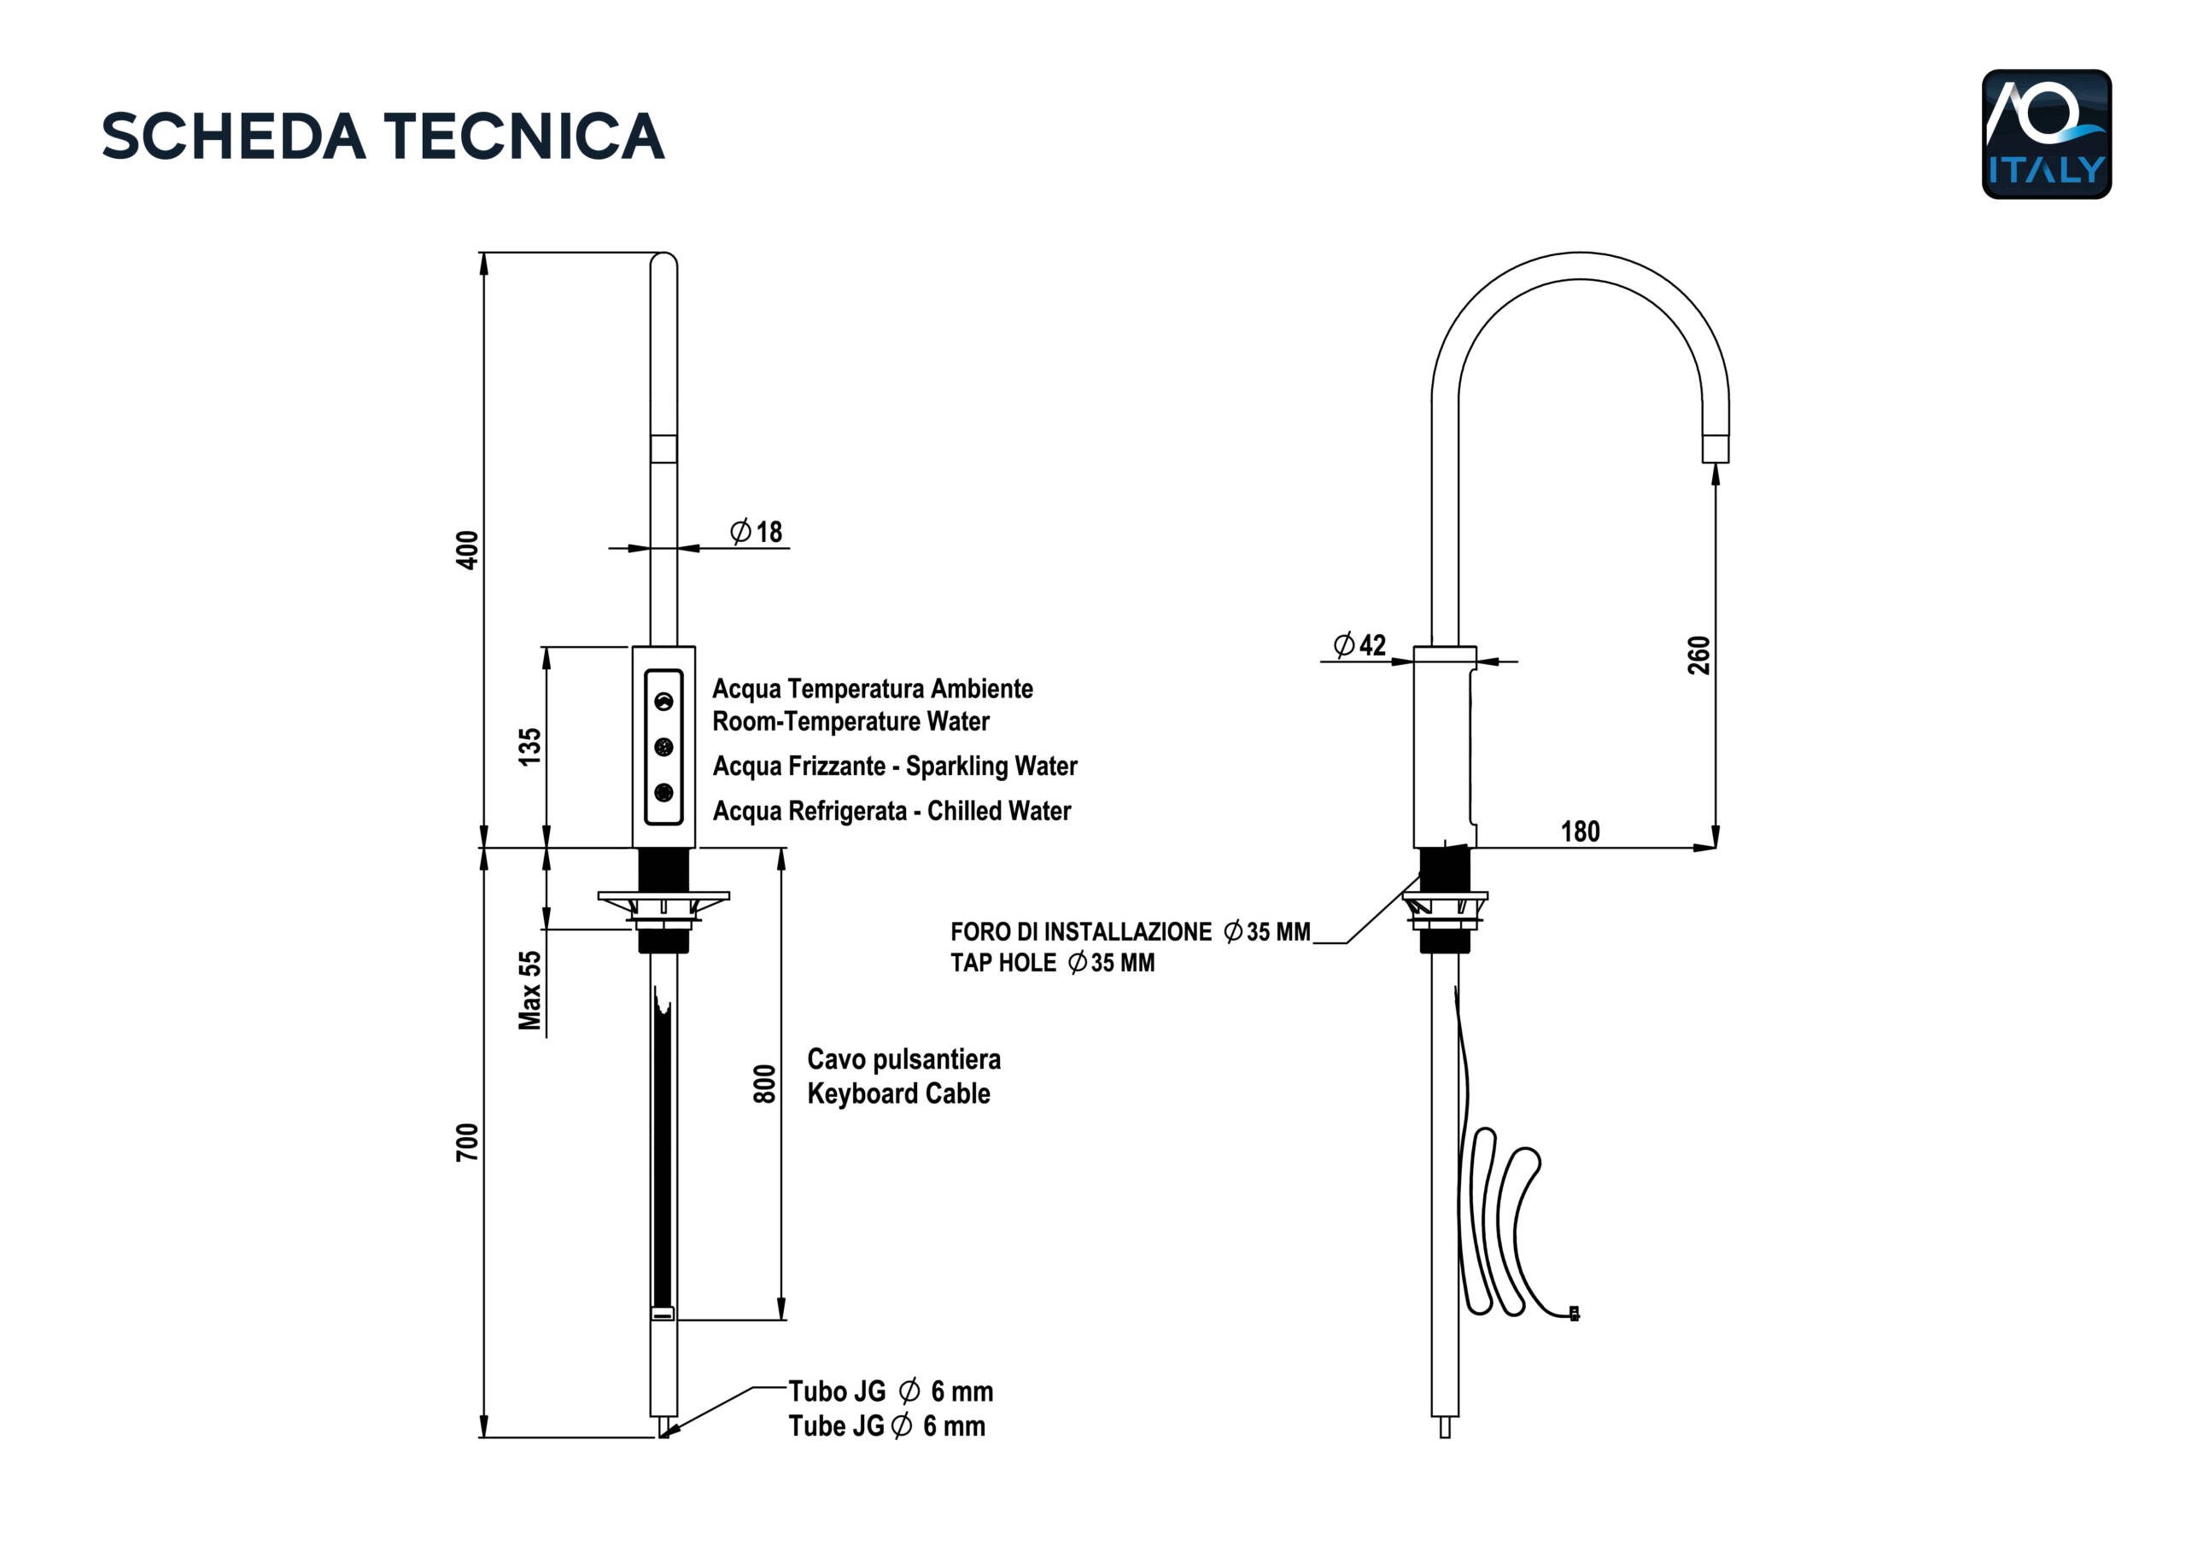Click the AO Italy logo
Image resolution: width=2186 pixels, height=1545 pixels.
pos(2046,133)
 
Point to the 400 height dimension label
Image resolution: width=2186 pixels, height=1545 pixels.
pos(467,551)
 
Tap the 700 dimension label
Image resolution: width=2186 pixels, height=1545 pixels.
pos(467,1142)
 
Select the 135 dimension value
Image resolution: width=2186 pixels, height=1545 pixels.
pos(529,747)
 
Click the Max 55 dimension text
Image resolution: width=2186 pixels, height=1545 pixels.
pos(529,990)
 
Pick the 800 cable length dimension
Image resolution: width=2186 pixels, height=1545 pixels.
pos(764,1083)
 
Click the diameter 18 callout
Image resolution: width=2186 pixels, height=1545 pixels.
pos(757,531)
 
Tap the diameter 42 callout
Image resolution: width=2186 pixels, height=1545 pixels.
pos(1359,645)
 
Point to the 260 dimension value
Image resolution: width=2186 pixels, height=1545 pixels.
pos(1698,655)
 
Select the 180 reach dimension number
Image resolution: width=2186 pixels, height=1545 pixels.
pos(1581,832)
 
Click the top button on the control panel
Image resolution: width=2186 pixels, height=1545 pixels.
pos(663,702)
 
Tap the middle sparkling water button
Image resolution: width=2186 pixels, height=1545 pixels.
pos(663,747)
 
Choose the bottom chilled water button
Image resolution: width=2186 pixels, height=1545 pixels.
pos(663,792)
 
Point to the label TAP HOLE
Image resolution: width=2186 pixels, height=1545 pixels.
pos(1002,962)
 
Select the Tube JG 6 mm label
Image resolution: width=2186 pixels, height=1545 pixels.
pos(886,1426)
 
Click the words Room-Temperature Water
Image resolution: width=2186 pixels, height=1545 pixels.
pos(850,721)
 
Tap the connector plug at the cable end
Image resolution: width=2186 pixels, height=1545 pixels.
pos(1574,1314)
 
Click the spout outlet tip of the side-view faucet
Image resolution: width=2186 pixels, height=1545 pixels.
pos(1715,449)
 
